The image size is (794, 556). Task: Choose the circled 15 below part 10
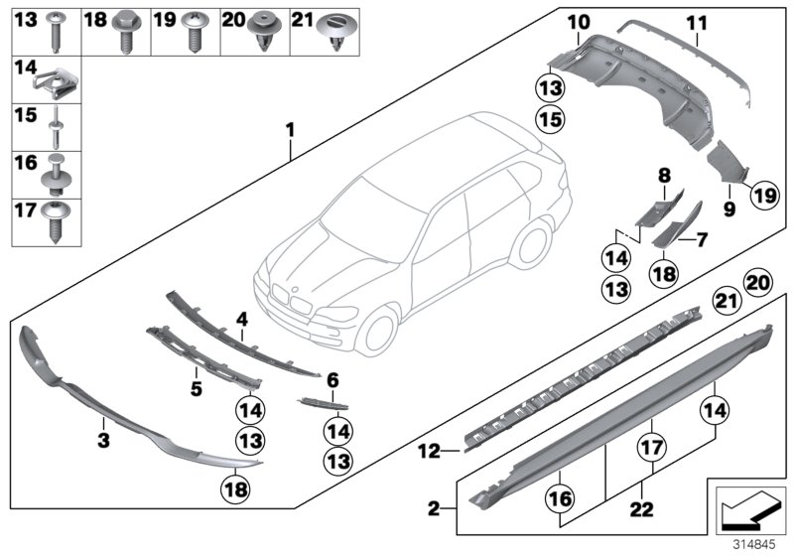pos(550,119)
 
